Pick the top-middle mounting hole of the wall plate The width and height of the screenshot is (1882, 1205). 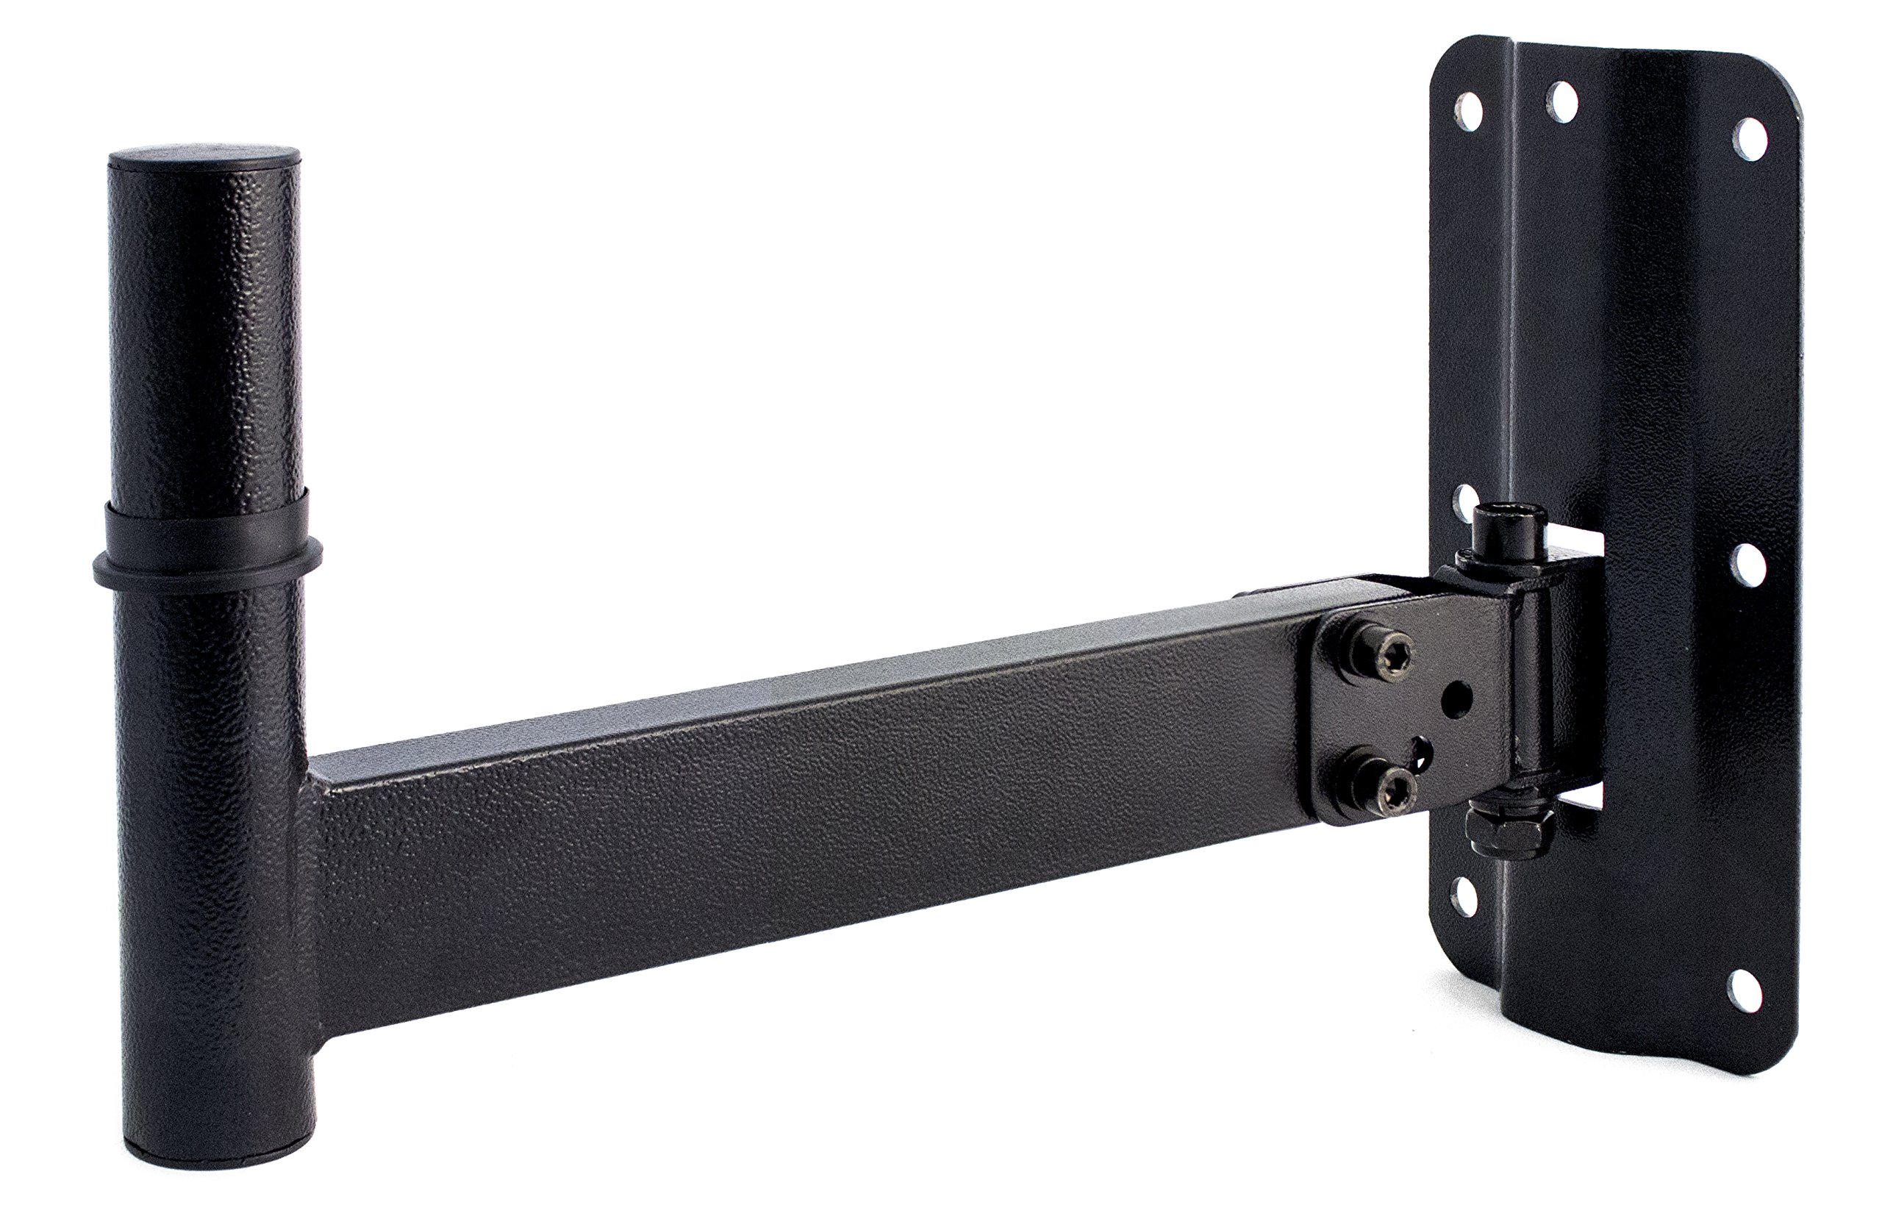[x=1561, y=100]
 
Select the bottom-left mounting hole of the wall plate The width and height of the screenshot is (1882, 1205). [x=1463, y=896]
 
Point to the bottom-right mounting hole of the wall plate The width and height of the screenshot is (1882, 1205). [x=1743, y=989]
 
